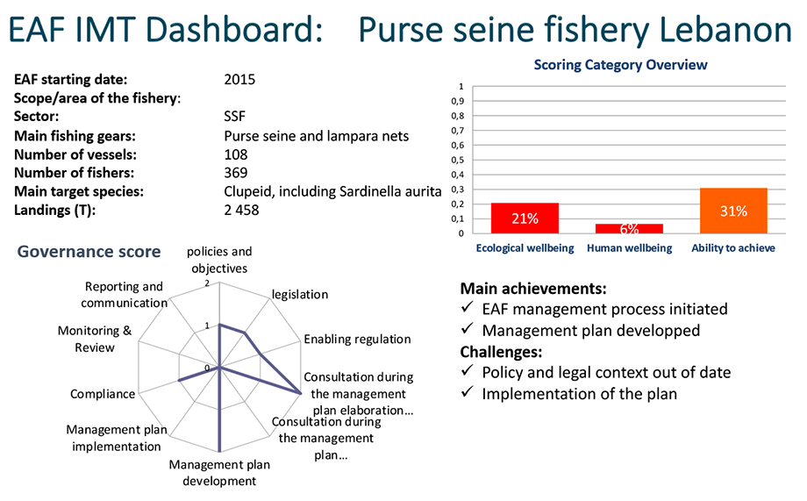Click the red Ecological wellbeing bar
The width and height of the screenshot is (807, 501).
525,218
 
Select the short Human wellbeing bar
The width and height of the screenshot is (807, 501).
629,229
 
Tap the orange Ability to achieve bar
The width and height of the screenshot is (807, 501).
733,211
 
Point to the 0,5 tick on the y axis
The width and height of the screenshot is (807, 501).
458,160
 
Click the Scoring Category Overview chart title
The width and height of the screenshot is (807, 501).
620,65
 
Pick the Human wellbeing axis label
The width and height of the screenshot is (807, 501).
630,248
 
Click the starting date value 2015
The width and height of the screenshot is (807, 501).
239,79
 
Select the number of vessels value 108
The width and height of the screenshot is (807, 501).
236,154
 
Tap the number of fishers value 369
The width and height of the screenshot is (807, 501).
236,173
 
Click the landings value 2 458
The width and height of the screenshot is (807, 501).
241,210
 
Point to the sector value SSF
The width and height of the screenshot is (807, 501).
235,117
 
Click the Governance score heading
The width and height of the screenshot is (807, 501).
89,251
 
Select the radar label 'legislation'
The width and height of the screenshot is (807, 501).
300,295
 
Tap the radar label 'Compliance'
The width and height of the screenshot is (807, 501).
103,394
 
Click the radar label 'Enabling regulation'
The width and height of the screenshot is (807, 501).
357,339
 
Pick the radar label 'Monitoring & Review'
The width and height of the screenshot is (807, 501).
95,339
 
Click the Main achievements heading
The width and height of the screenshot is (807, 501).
533,289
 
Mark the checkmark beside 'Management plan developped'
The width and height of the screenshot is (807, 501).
468,328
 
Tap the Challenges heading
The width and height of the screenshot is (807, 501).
501,352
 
